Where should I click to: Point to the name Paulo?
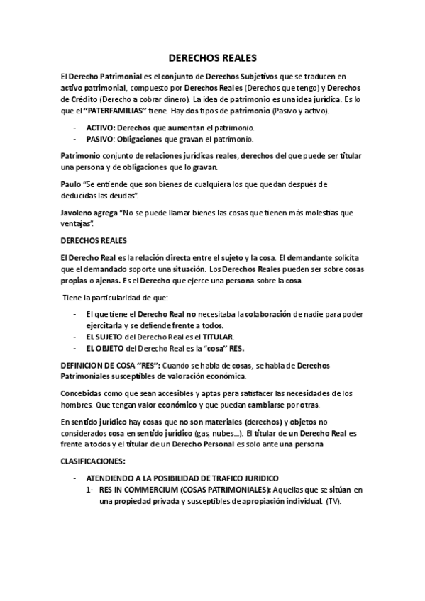[70, 184]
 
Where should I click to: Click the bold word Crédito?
[79, 100]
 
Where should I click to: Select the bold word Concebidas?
[83, 393]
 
